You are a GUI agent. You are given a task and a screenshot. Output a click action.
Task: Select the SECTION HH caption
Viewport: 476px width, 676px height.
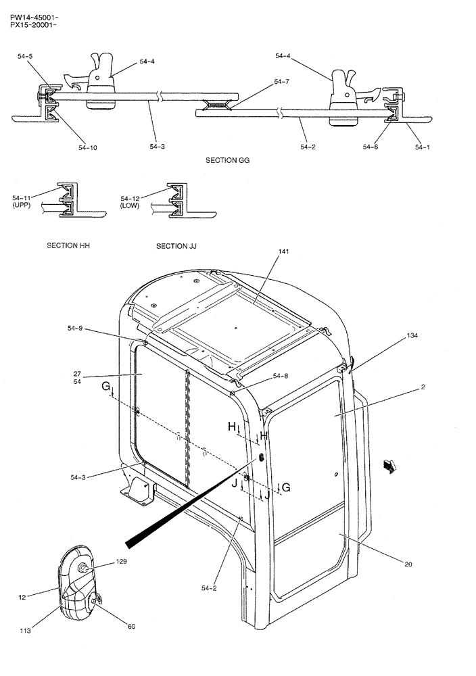point(68,246)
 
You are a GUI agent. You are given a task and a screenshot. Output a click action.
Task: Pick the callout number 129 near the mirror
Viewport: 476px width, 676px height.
point(121,562)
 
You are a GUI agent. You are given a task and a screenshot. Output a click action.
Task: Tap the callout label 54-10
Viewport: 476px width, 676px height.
point(87,147)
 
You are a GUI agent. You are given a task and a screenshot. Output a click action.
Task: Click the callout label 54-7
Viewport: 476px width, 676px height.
point(282,82)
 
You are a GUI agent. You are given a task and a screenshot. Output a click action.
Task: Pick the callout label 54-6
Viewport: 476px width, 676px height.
point(371,146)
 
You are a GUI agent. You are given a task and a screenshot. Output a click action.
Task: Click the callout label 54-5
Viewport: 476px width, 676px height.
point(25,57)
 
